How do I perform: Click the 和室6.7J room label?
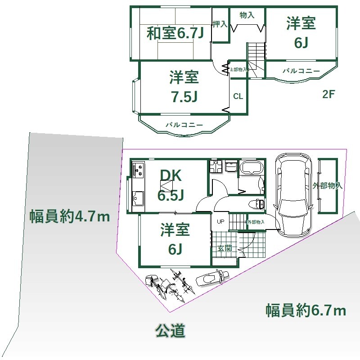pyautogui.click(x=175, y=33)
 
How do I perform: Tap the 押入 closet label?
pyautogui.click(x=220, y=24)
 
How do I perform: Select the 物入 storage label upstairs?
pyautogui.click(x=247, y=15)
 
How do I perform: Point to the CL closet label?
pyautogui.click(x=238, y=96)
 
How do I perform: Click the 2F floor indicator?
pyautogui.click(x=329, y=94)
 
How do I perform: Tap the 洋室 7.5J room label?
pyautogui.click(x=184, y=87)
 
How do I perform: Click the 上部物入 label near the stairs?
pyautogui.click(x=238, y=69)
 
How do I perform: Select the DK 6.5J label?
pyautogui.click(x=171, y=185)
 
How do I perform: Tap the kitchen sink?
pyautogui.click(x=138, y=198)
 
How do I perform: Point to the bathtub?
pyautogui.click(x=252, y=166)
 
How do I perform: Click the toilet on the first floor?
pyautogui.click(x=256, y=204)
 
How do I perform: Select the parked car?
pyautogui.click(x=293, y=195)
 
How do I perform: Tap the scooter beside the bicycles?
pyautogui.click(x=212, y=277)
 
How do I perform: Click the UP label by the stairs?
pyautogui.click(x=220, y=221)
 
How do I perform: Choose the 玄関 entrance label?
pyautogui.click(x=225, y=248)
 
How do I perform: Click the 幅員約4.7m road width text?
pyautogui.click(x=70, y=216)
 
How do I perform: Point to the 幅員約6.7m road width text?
pyautogui.click(x=306, y=310)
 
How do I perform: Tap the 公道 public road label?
pyautogui.click(x=170, y=331)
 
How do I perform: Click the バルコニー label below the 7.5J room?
pyautogui.click(x=184, y=125)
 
